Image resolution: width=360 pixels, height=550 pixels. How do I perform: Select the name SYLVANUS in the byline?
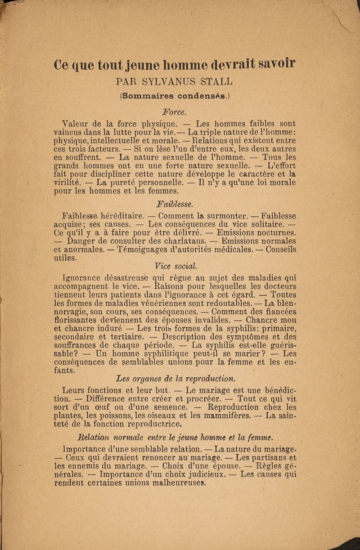[175, 82]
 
